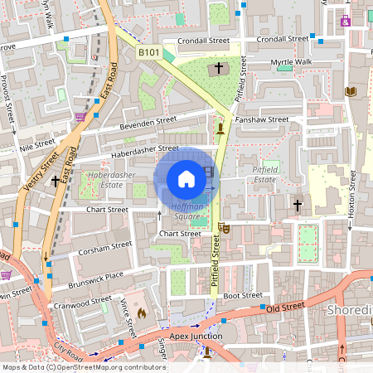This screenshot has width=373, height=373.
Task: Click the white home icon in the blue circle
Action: (186, 178)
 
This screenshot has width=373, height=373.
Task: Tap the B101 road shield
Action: (148, 52)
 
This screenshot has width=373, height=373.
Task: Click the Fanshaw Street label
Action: (262, 119)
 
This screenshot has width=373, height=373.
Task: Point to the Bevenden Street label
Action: (148, 122)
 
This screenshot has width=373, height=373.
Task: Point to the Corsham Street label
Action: (104, 246)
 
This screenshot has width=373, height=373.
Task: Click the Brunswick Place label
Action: (97, 275)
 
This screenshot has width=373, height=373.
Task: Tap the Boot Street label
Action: (242, 295)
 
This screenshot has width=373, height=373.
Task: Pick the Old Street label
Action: (284, 308)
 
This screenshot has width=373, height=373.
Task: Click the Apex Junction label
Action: (196, 336)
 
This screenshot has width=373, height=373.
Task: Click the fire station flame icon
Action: (142, 313)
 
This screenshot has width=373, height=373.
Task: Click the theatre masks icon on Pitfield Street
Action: (223, 227)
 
